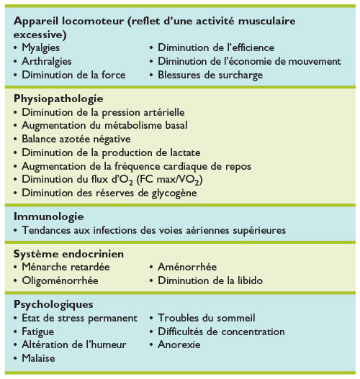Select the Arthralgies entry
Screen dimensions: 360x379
(x=47, y=61)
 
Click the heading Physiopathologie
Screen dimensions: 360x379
(x=58, y=98)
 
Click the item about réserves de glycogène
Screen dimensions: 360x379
(x=110, y=192)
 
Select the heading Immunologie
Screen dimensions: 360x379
(x=49, y=216)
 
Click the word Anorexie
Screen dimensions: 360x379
(x=180, y=344)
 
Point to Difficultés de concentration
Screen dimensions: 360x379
(x=221, y=332)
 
